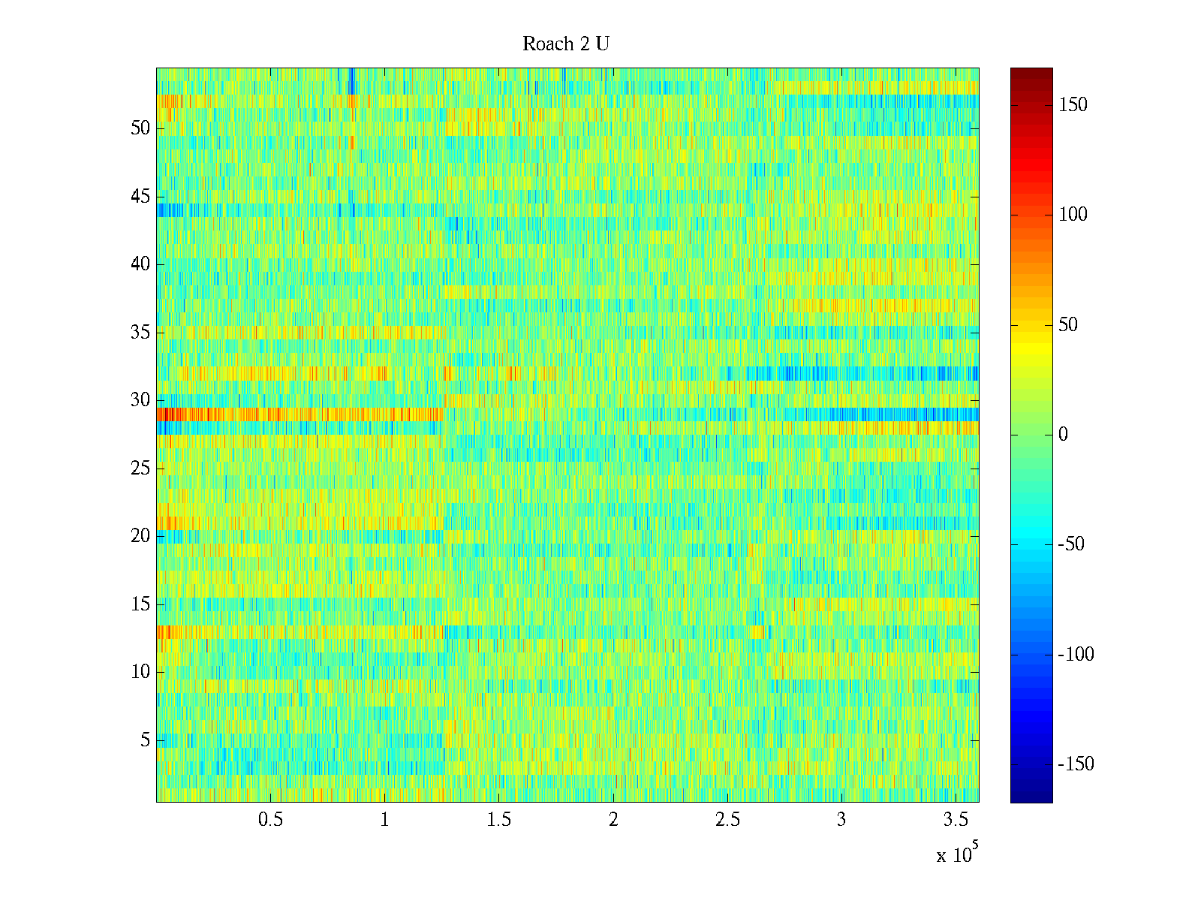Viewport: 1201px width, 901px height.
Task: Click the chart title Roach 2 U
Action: tap(565, 44)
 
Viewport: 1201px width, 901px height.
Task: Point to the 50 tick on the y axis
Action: tap(140, 128)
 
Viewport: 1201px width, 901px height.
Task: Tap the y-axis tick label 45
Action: tap(140, 197)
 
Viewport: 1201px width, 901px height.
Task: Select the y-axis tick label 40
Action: tap(140, 264)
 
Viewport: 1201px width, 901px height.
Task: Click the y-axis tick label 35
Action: tap(140, 333)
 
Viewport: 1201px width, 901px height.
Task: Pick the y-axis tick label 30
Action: tap(140, 400)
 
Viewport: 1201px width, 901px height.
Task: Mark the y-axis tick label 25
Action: tap(140, 469)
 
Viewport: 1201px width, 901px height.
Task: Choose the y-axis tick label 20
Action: tap(140, 536)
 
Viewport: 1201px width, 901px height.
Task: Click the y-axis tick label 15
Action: tap(140, 604)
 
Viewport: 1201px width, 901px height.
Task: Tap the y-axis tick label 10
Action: tap(140, 672)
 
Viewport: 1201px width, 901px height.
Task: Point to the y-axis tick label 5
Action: tap(145, 740)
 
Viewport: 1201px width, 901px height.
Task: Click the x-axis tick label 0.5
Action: tap(270, 820)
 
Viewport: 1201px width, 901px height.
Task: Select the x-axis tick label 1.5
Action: tap(498, 820)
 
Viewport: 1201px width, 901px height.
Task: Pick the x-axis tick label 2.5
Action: tap(727, 820)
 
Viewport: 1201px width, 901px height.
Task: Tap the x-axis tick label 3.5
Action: tap(956, 820)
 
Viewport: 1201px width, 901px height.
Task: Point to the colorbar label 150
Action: tap(1073, 105)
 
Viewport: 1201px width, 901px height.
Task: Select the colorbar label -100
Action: tap(1076, 655)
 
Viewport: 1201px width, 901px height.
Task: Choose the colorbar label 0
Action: tap(1063, 435)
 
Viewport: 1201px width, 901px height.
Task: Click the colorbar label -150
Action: tap(1076, 764)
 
